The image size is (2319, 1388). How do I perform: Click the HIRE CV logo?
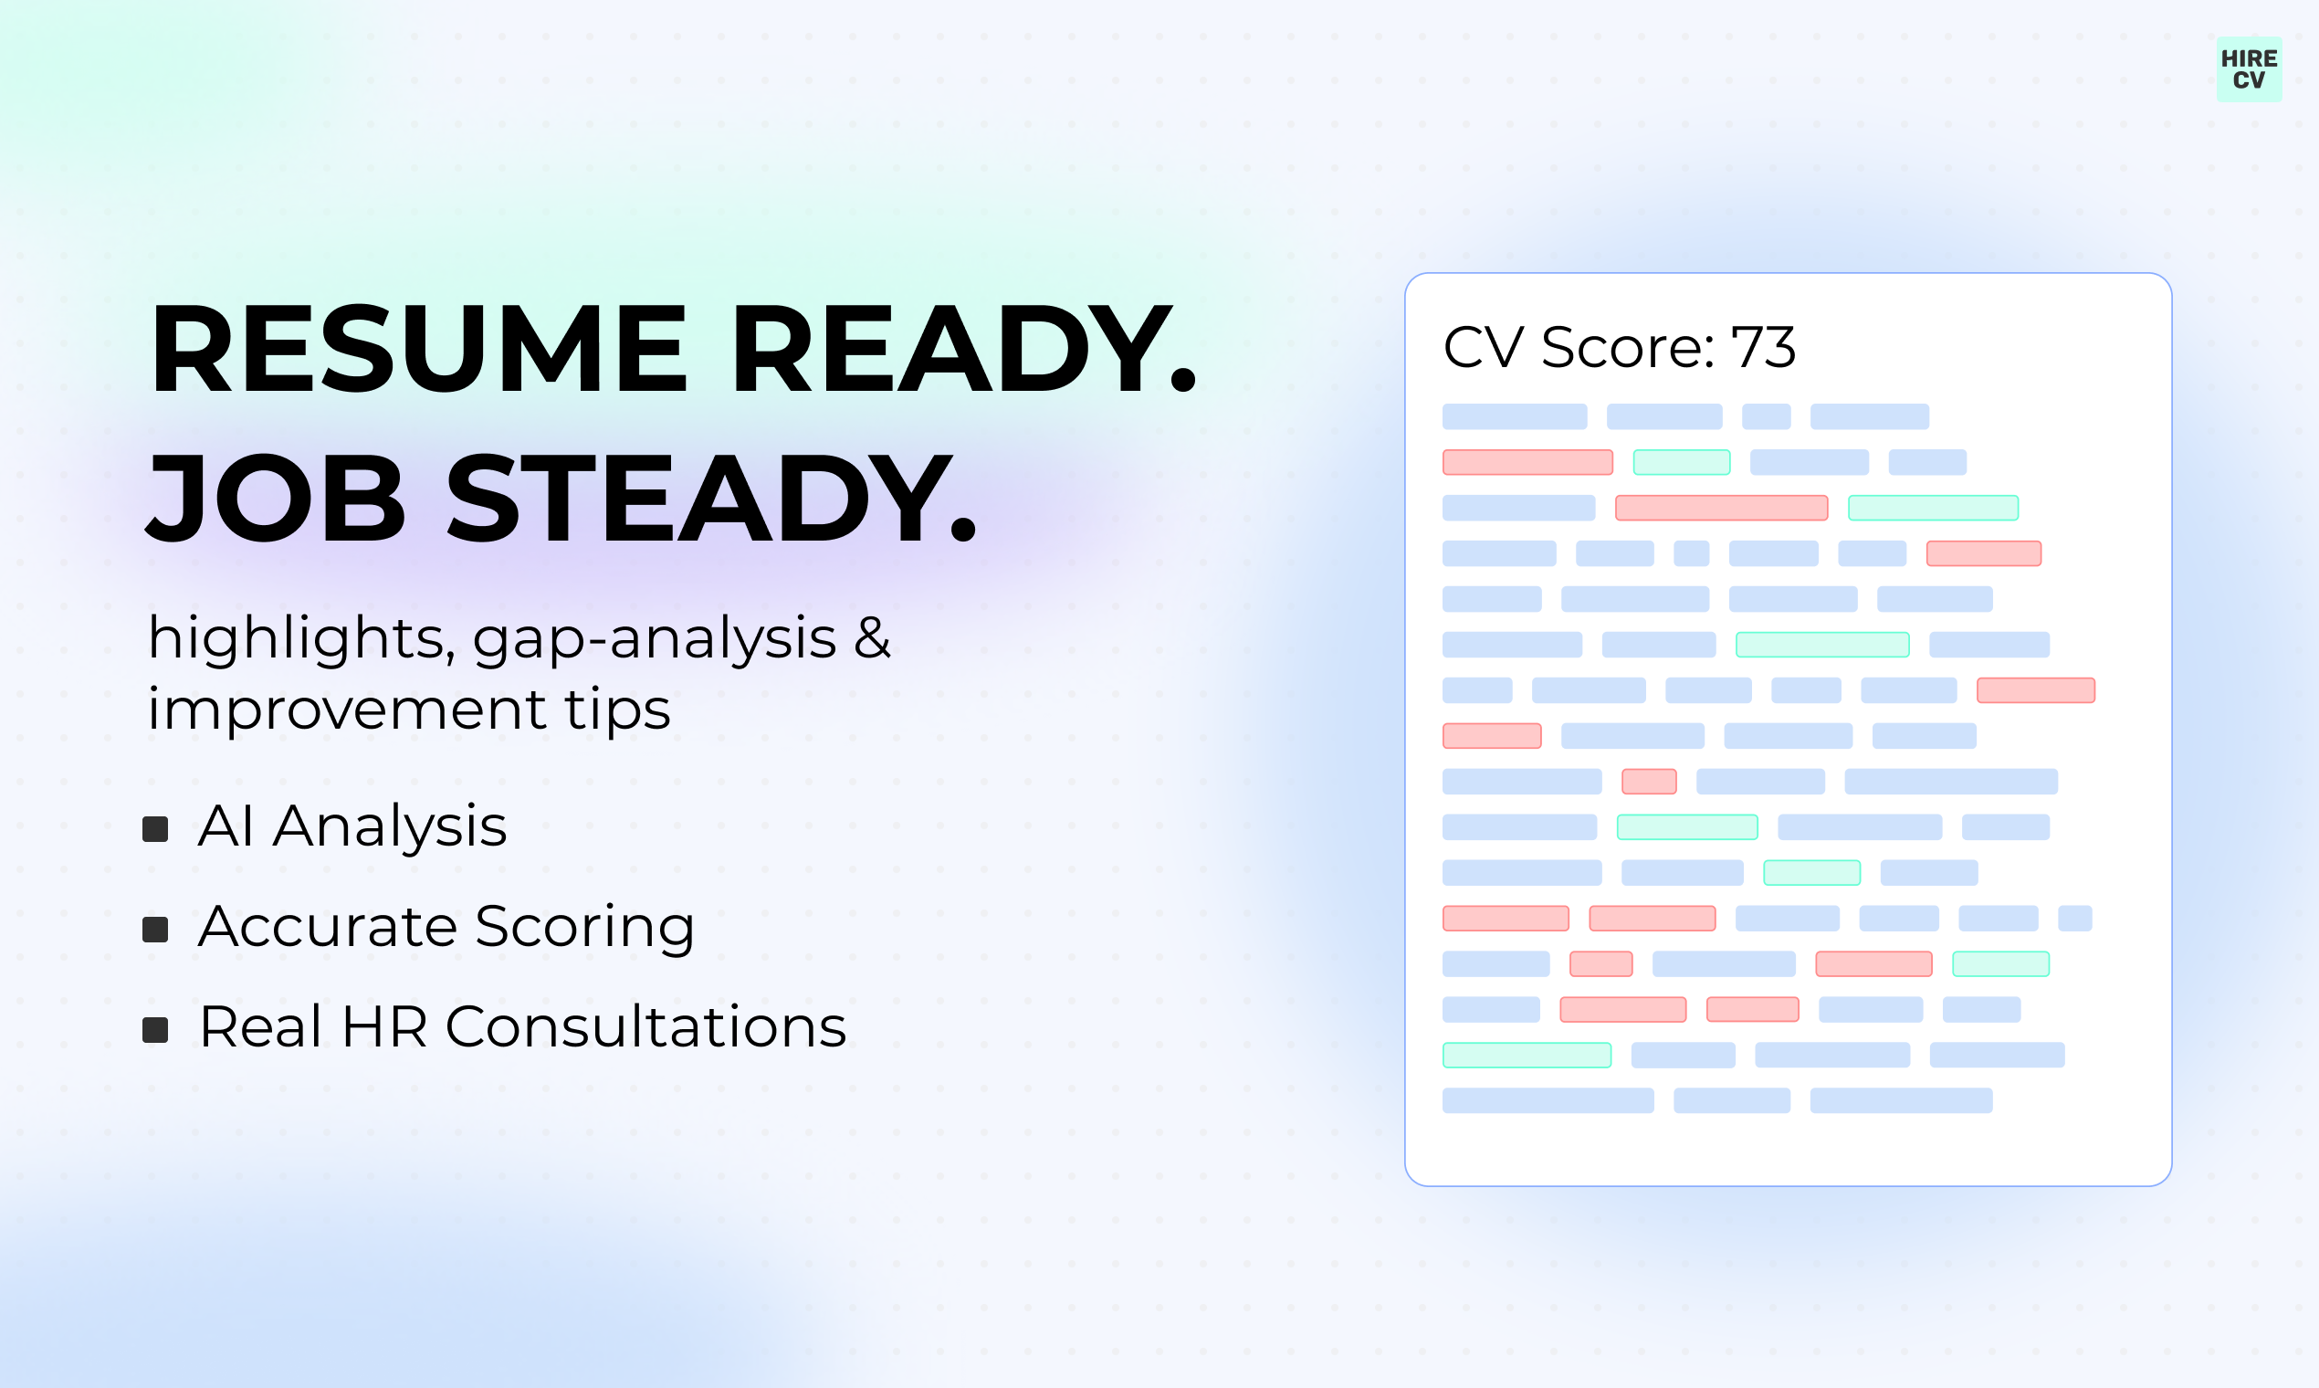tap(2249, 69)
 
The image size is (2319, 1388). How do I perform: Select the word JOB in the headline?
tap(277, 498)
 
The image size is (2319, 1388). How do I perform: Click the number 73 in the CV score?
tap(1764, 348)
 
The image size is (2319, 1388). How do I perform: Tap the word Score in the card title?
tap(1627, 348)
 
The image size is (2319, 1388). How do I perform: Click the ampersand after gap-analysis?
tap(873, 638)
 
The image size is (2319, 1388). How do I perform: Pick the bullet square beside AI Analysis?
tap(155, 828)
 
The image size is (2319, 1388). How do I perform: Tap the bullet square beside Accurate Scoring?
tap(155, 929)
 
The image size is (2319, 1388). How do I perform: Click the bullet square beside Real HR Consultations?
tap(155, 1030)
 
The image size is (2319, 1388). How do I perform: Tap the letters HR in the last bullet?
tap(385, 1027)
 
